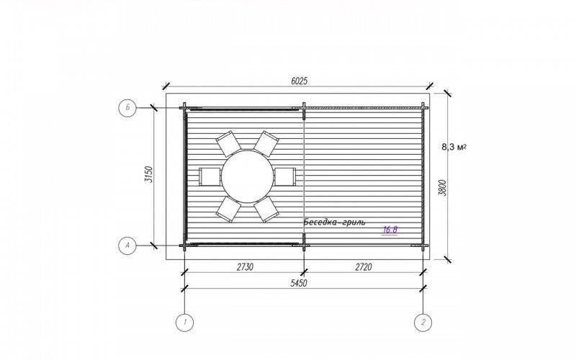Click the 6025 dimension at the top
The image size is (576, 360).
point(299,81)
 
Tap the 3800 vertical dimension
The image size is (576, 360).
point(443,188)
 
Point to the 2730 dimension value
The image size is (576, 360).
point(245,267)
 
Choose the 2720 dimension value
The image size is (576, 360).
point(364,267)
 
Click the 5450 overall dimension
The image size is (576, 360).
point(299,283)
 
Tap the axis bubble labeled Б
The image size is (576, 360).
point(127,108)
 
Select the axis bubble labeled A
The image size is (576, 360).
point(127,246)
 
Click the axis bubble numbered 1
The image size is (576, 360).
point(184,323)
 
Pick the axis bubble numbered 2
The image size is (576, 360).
point(423,323)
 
